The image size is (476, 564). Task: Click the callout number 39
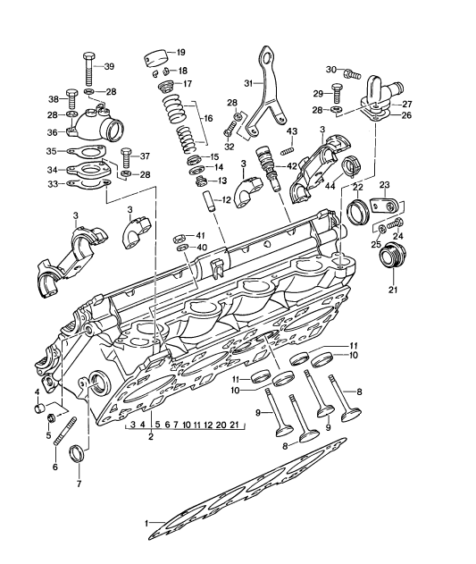click(x=109, y=67)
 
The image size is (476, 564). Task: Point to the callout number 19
click(x=180, y=53)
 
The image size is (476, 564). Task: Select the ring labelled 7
click(x=79, y=450)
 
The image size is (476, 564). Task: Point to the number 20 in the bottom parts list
click(x=220, y=424)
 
